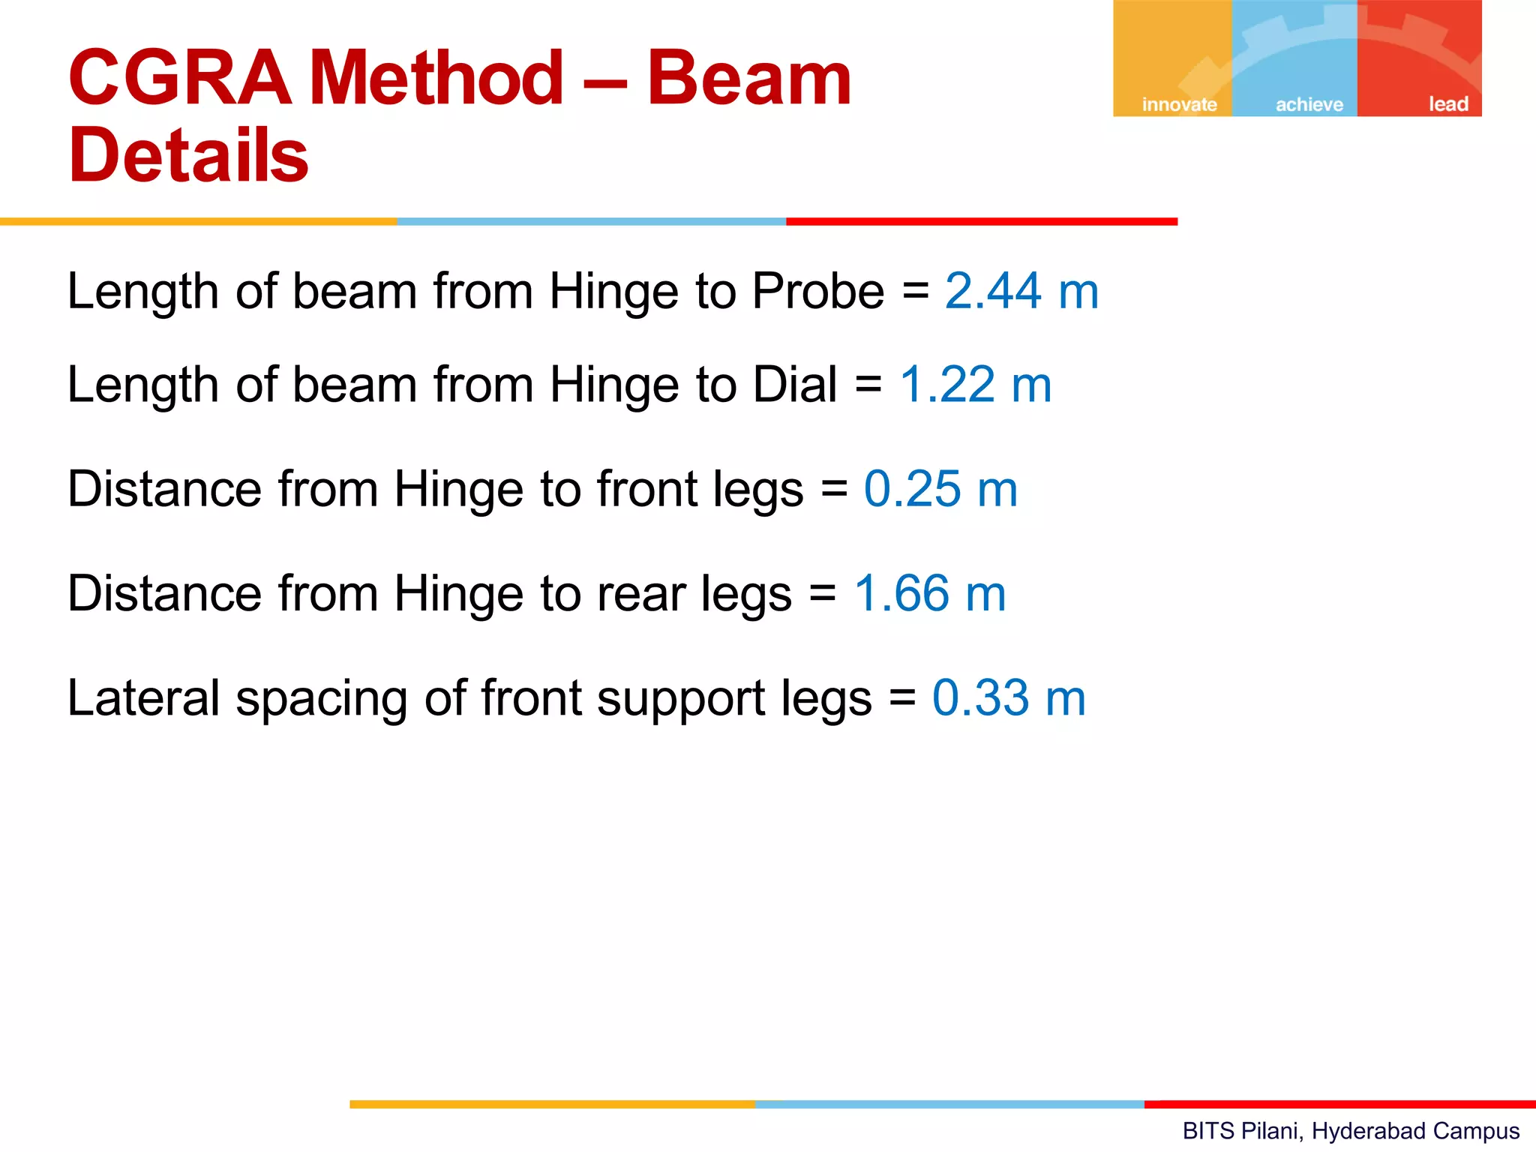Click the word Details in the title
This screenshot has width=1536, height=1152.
pyautogui.click(x=188, y=155)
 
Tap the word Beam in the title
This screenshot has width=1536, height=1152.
pyautogui.click(x=748, y=77)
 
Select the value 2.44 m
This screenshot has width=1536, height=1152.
pyautogui.click(x=1021, y=291)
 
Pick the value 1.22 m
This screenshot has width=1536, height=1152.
pyautogui.click(x=975, y=385)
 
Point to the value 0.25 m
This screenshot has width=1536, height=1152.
pyautogui.click(x=940, y=489)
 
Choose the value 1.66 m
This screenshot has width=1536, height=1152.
pyautogui.click(x=930, y=593)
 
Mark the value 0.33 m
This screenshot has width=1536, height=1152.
pyautogui.click(x=1009, y=697)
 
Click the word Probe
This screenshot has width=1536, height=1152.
pyautogui.click(x=818, y=291)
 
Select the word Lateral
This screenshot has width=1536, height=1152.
pyautogui.click(x=142, y=697)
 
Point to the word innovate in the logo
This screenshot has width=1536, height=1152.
pyautogui.click(x=1179, y=104)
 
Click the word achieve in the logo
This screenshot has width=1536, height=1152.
pyautogui.click(x=1309, y=104)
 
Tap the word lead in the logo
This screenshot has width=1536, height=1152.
pyautogui.click(x=1447, y=104)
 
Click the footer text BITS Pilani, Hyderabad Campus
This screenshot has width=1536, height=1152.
pyautogui.click(x=1351, y=1130)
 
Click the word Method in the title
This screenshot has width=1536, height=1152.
pyautogui.click(x=436, y=77)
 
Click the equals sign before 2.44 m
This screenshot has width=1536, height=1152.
pyautogui.click(x=916, y=291)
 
